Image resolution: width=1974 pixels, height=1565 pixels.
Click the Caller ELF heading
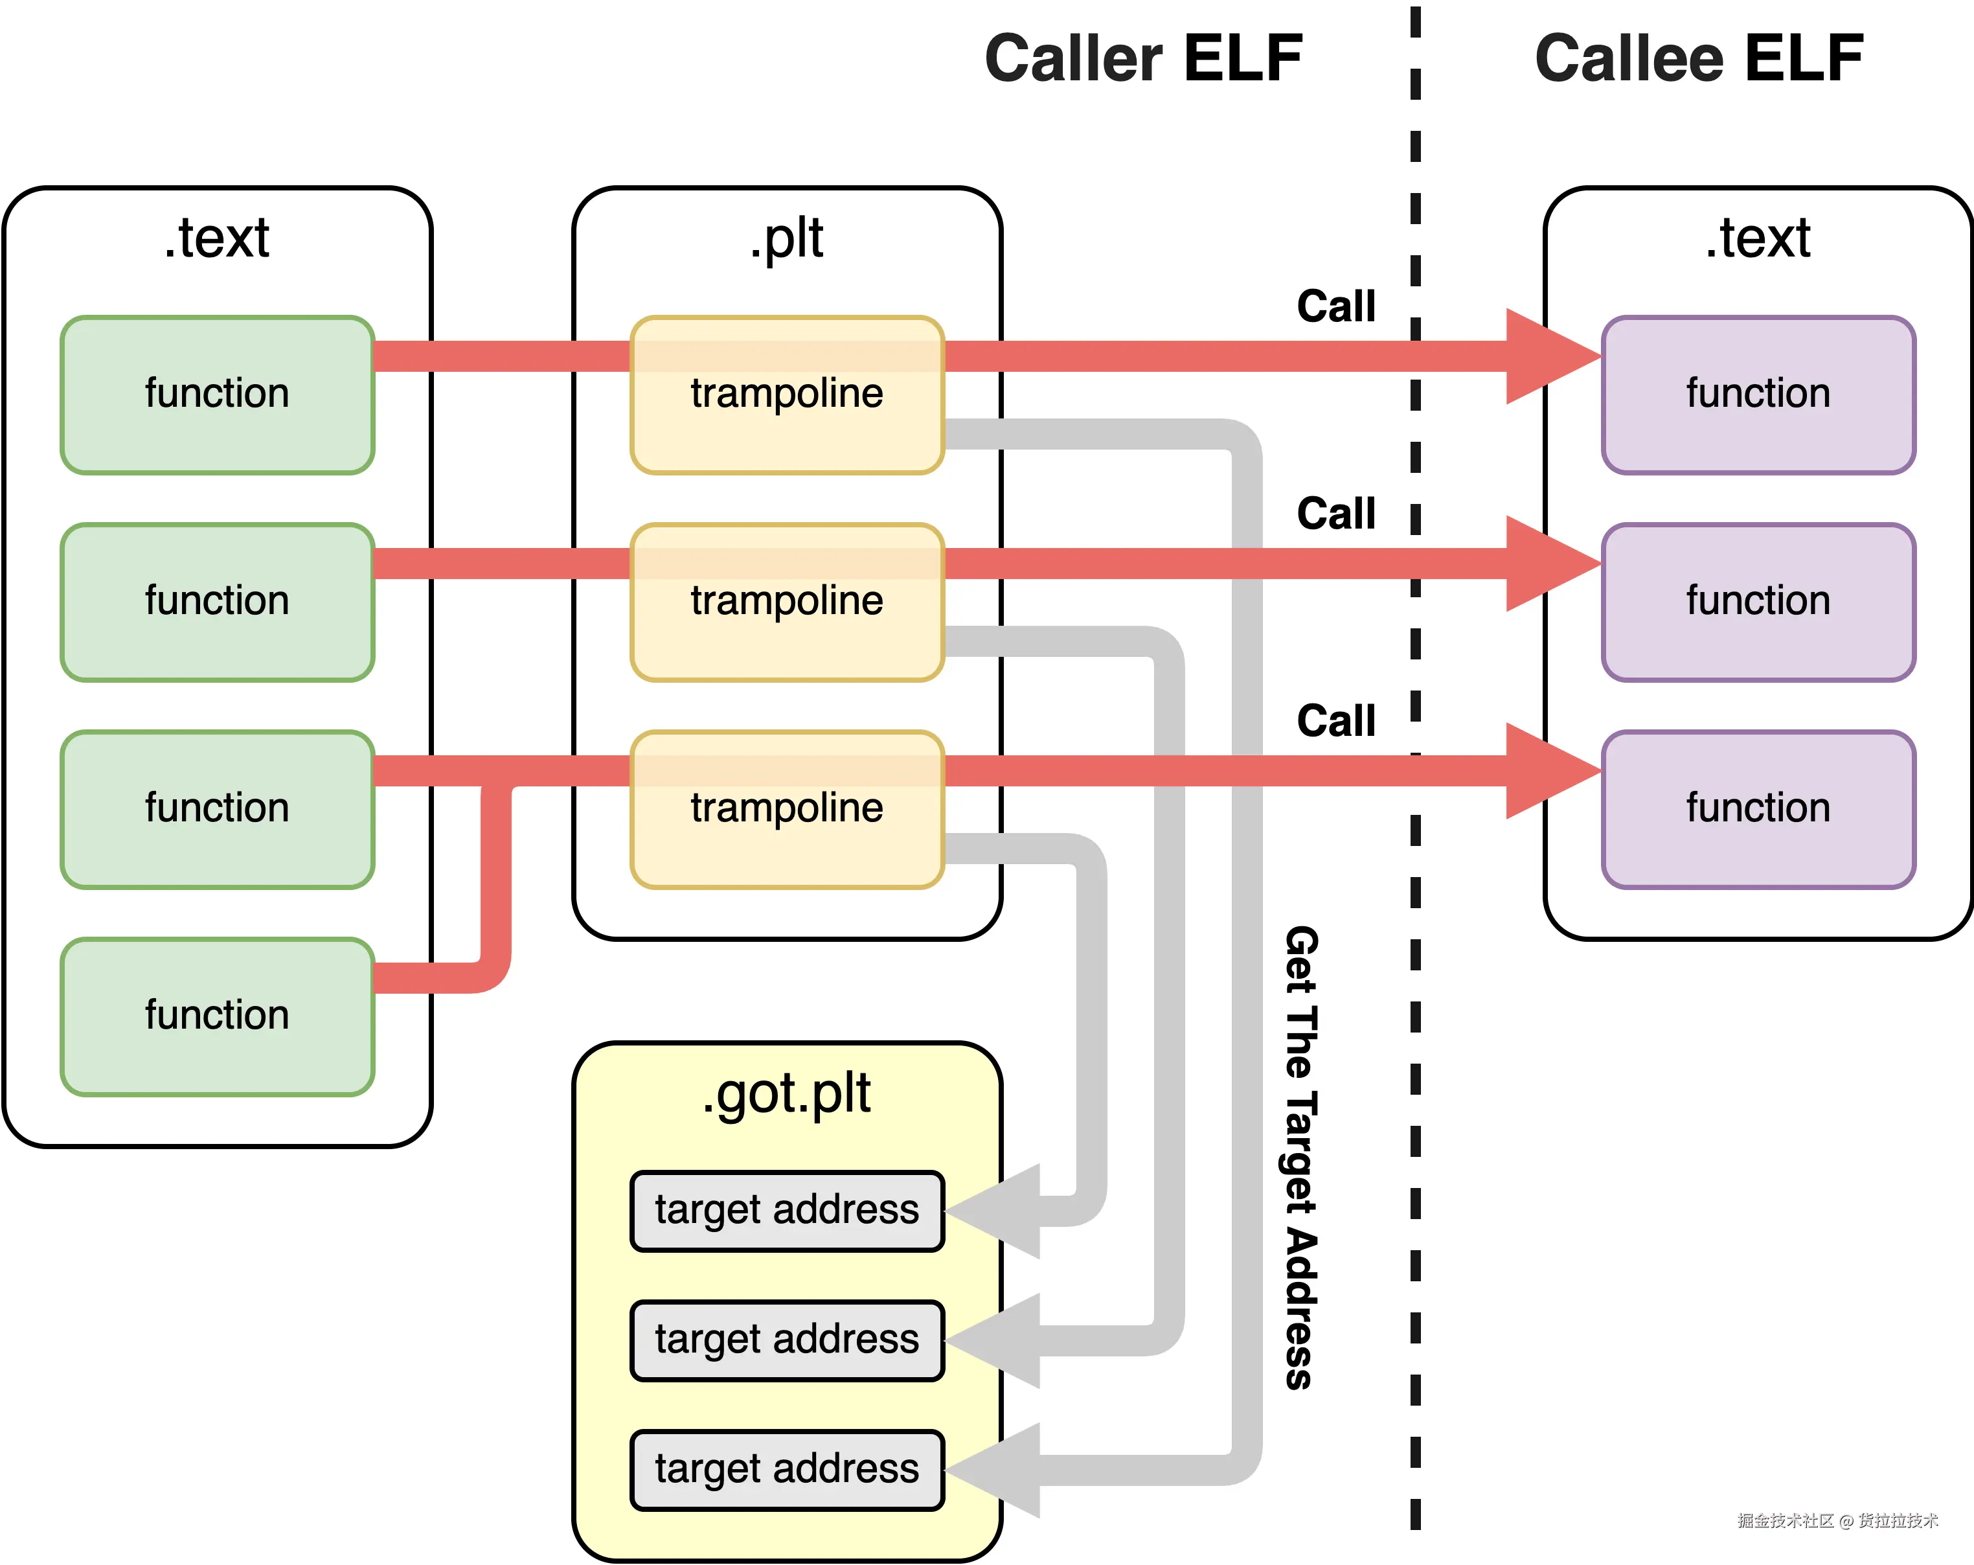point(1144,58)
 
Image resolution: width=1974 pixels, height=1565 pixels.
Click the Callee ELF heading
point(1699,58)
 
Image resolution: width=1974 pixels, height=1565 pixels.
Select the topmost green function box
point(218,394)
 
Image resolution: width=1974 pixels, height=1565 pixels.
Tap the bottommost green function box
point(218,1016)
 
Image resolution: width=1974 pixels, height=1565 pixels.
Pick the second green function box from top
point(218,602)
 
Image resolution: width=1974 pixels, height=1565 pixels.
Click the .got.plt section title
point(786,1094)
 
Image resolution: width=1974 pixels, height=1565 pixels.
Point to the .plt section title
point(786,239)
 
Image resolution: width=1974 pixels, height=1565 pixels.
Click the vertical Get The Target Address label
point(1300,1158)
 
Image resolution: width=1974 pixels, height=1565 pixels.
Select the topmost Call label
point(1336,306)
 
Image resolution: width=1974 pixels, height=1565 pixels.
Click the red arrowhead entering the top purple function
point(1554,356)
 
